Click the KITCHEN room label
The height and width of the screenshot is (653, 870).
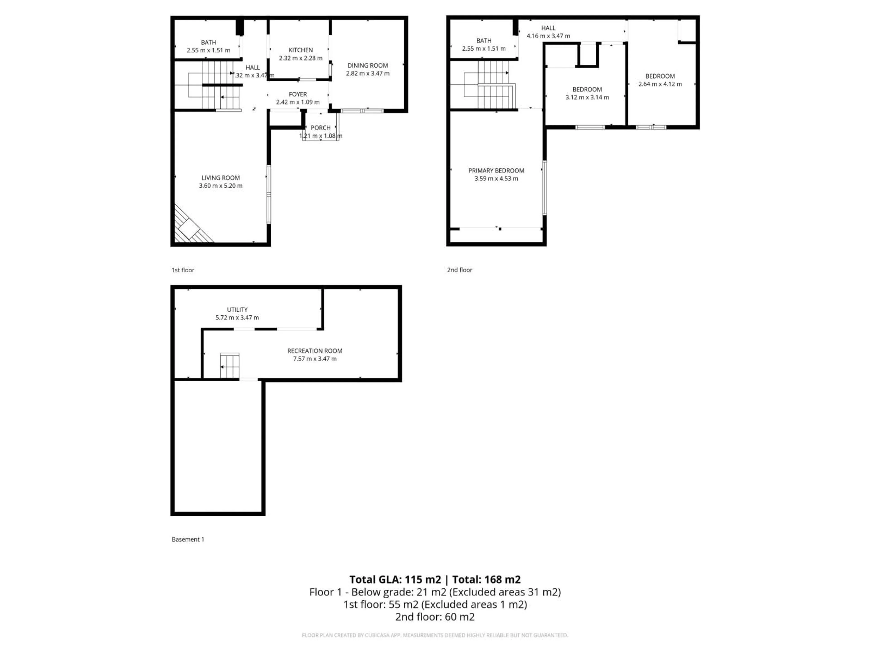300,50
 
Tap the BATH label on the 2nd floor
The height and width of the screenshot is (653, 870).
483,41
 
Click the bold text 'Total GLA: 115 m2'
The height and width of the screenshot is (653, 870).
395,579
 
